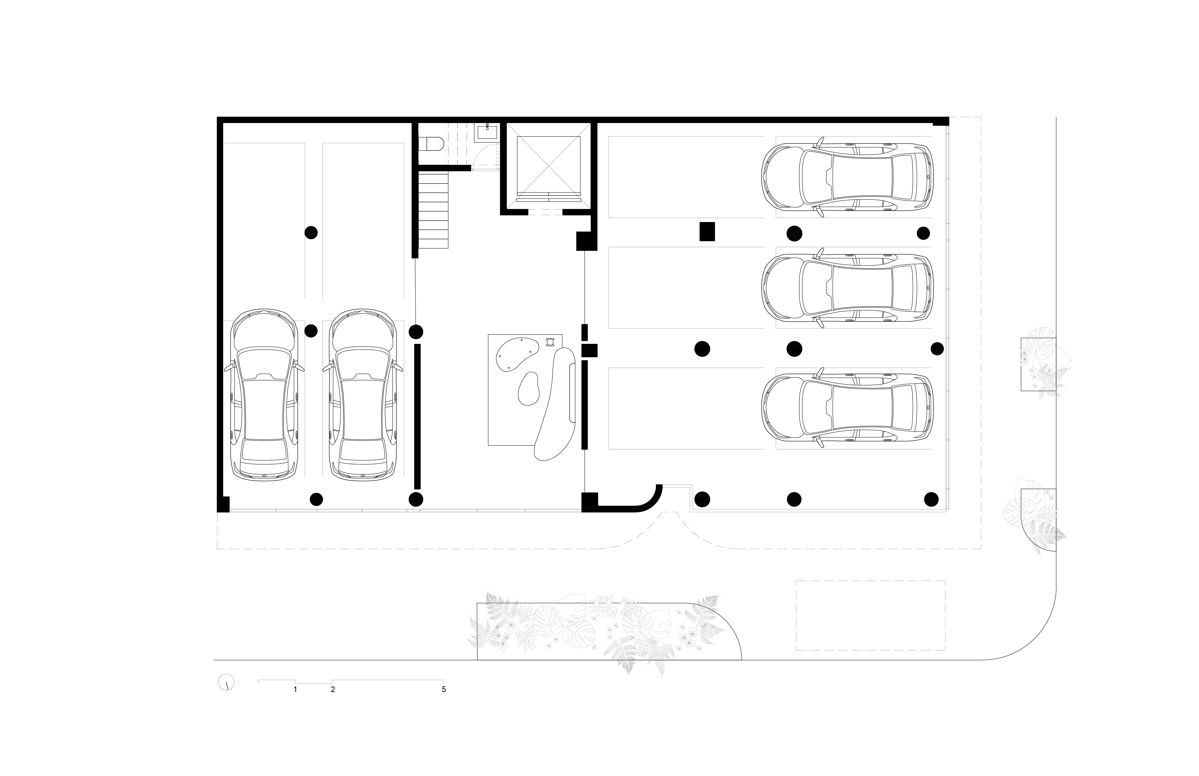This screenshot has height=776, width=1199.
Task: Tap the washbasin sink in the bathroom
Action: [487, 132]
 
